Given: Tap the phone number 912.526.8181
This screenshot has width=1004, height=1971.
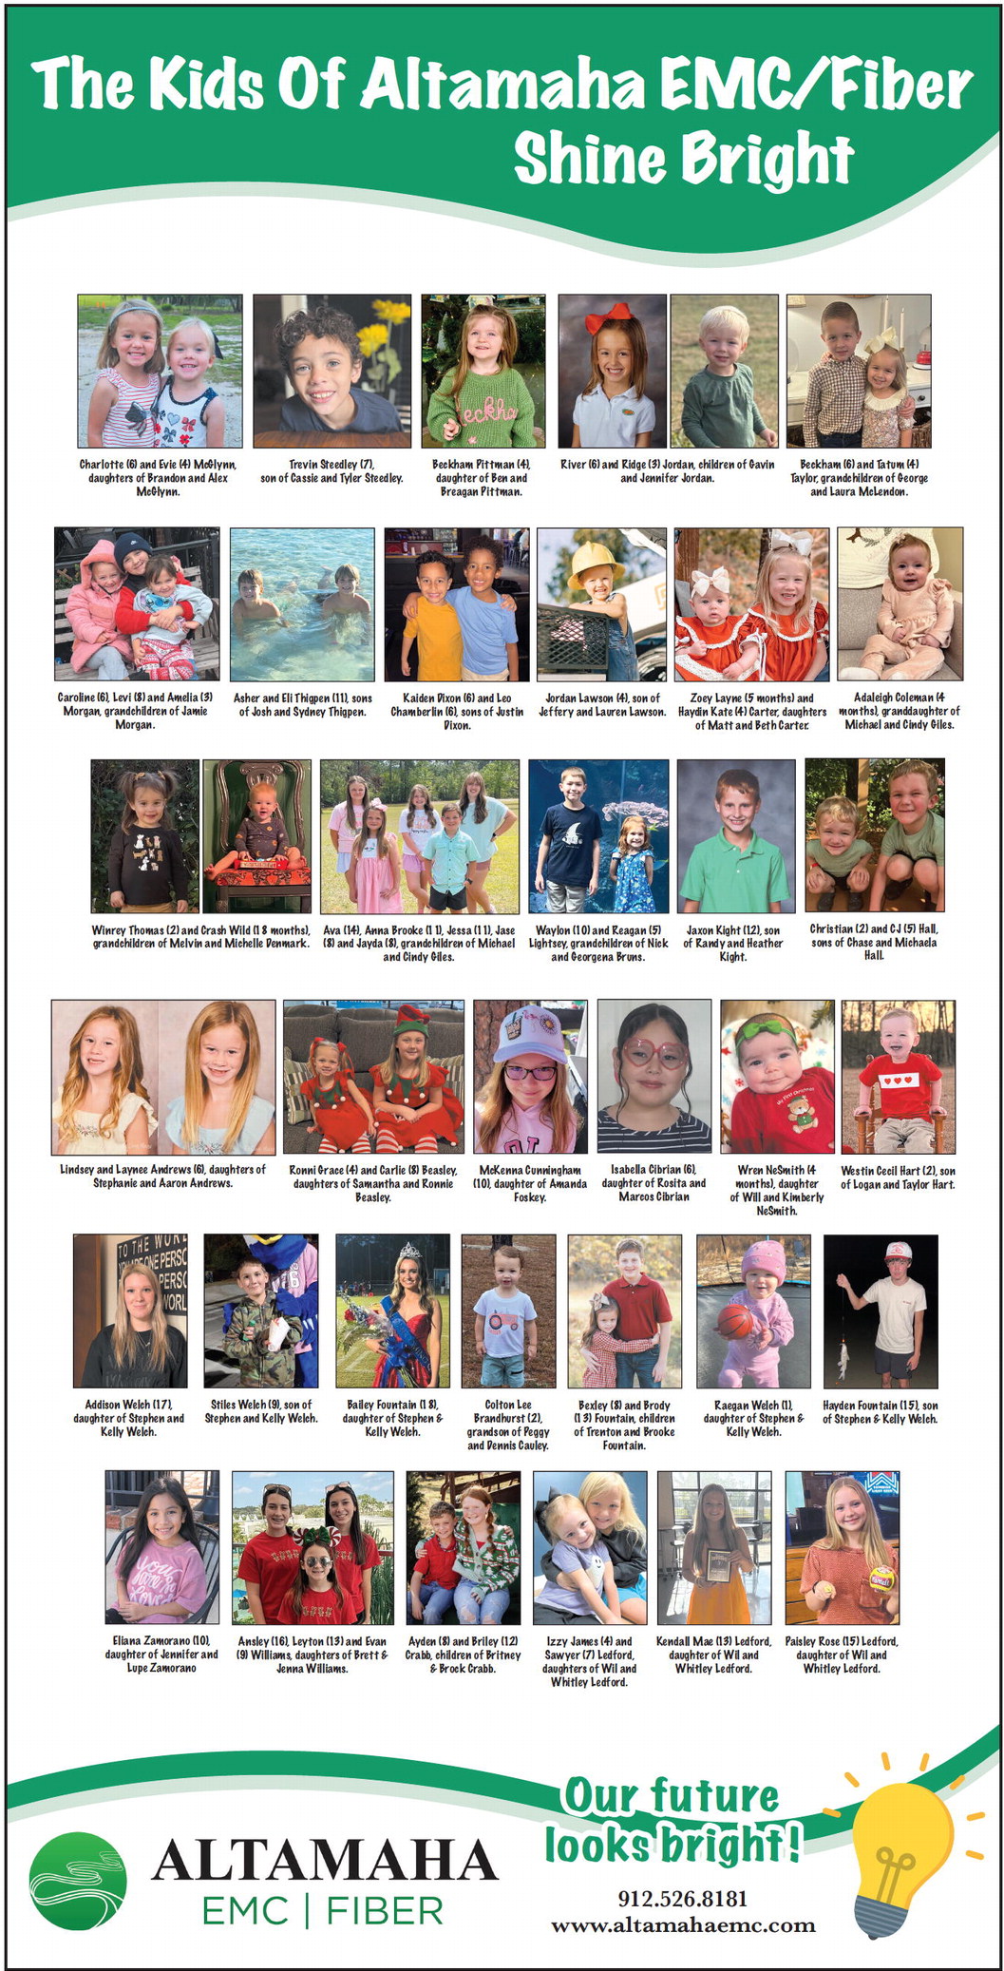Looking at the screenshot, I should (682, 1898).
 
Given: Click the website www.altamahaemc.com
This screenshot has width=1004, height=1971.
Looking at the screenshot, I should (682, 1924).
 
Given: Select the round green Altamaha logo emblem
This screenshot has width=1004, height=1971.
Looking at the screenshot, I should (77, 1881).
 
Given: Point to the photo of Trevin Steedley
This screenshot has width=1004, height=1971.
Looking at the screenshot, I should (332, 371).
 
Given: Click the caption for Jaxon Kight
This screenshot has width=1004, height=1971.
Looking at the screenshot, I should (733, 943).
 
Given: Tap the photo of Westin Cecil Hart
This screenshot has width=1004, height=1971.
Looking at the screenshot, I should (898, 1076).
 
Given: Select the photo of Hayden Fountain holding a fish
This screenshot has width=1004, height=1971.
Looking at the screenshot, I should (881, 1311).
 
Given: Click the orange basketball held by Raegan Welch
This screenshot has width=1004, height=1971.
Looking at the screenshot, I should (733, 1320).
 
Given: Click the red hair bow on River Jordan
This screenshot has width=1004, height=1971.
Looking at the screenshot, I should (608, 316).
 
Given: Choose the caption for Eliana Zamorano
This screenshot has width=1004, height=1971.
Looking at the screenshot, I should (161, 1654).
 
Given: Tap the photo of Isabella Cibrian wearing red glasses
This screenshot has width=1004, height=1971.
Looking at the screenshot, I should (654, 1076).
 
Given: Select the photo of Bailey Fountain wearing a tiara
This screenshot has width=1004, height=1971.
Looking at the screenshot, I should (392, 1311).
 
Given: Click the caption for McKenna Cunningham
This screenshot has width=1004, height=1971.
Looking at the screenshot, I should (530, 1183).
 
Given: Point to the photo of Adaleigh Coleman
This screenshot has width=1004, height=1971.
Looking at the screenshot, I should (900, 603).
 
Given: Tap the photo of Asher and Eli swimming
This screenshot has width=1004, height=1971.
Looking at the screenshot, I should (302, 603).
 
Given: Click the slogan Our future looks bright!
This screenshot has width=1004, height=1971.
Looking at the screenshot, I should (672, 1820).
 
